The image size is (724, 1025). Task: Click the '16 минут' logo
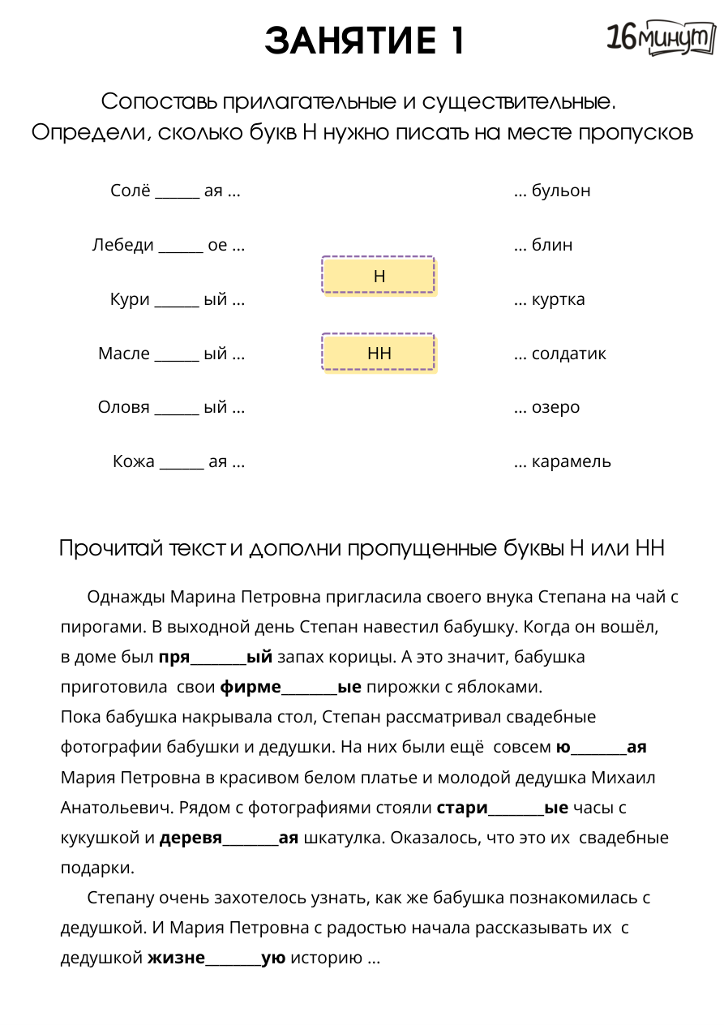pos(661,39)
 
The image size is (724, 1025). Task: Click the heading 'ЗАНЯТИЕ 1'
pos(365,41)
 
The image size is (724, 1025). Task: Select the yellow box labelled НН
pos(379,353)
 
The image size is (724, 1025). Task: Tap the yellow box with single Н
pos(379,277)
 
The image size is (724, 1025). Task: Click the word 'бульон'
pos(561,191)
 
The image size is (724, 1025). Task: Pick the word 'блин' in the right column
pos(552,245)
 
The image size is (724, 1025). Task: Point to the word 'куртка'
pos(558,299)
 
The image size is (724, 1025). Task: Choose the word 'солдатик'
pos(568,354)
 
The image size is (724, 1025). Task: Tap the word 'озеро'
pos(555,408)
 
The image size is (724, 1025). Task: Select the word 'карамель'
pos(571,462)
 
